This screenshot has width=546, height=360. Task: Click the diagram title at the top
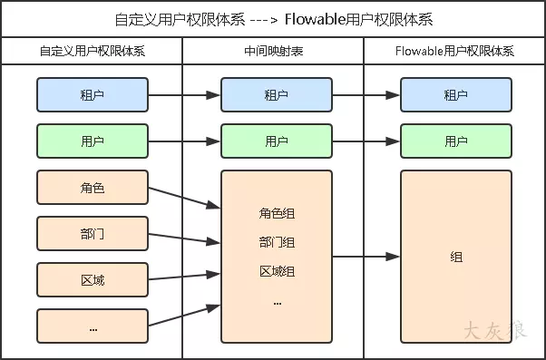[272, 18]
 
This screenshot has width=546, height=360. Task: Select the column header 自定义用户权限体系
[93, 52]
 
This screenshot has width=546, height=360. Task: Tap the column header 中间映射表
[273, 52]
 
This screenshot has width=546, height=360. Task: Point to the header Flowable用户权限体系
[455, 52]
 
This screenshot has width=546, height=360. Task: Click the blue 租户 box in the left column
[93, 94]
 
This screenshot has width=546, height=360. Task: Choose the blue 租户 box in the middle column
[277, 94]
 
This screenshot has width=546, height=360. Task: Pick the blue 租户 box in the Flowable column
[455, 94]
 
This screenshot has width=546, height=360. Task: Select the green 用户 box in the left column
[93, 141]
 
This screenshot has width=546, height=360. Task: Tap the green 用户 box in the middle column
[277, 141]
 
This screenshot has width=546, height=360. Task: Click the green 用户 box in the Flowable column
[455, 141]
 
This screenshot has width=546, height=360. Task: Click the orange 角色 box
[93, 188]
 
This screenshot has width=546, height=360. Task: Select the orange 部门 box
[93, 234]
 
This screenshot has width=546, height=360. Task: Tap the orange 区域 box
[93, 280]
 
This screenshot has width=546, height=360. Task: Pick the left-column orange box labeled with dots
[93, 326]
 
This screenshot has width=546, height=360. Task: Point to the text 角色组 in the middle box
[277, 214]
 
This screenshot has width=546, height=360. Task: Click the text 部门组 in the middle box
[277, 243]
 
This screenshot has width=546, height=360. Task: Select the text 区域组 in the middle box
[277, 272]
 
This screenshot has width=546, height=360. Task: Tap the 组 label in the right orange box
[455, 258]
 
